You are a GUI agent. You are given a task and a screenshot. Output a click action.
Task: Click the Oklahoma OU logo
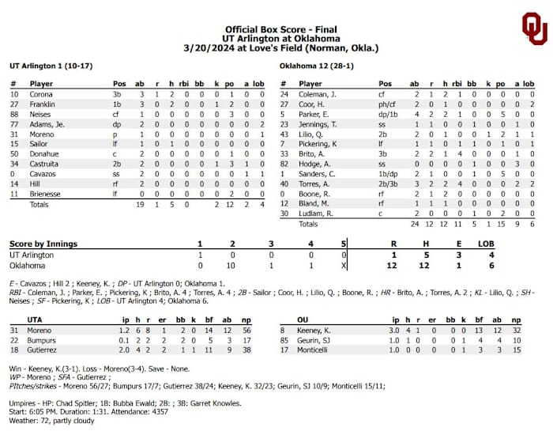click(x=534, y=28)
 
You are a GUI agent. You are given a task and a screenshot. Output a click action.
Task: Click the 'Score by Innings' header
click(x=43, y=244)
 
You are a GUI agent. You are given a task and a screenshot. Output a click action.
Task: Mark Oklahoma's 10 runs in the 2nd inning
click(x=232, y=266)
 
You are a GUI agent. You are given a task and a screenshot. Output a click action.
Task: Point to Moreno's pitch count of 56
click(x=246, y=329)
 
